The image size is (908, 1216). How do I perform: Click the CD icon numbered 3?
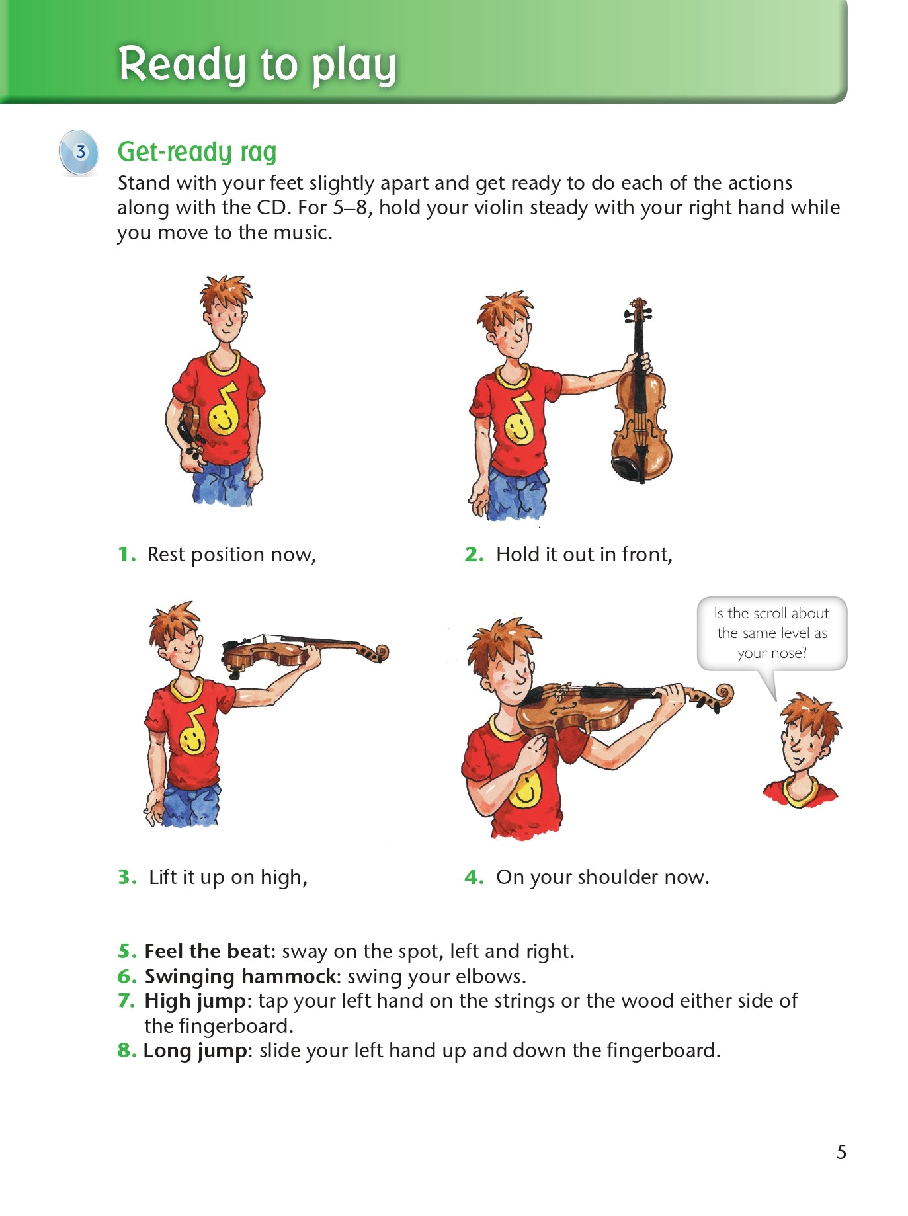pyautogui.click(x=79, y=152)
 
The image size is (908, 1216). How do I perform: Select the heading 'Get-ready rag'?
pyautogui.click(x=196, y=151)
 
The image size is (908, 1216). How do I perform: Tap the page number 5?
pyautogui.click(x=841, y=1152)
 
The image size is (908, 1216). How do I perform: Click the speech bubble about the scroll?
pyautogui.click(x=772, y=633)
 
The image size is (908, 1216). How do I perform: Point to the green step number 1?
pyautogui.click(x=126, y=554)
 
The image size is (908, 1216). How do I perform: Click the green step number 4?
pyautogui.click(x=474, y=877)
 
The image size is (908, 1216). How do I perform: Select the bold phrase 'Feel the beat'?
pyautogui.click(x=207, y=951)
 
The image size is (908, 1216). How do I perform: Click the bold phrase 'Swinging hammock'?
pyautogui.click(x=240, y=976)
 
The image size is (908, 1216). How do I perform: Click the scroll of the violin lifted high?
pyautogui.click(x=378, y=654)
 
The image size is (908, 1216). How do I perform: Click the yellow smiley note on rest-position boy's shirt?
pyautogui.click(x=224, y=414)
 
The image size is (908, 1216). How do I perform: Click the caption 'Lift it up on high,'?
pyautogui.click(x=227, y=877)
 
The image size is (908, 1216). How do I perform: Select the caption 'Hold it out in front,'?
pyautogui.click(x=584, y=554)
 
